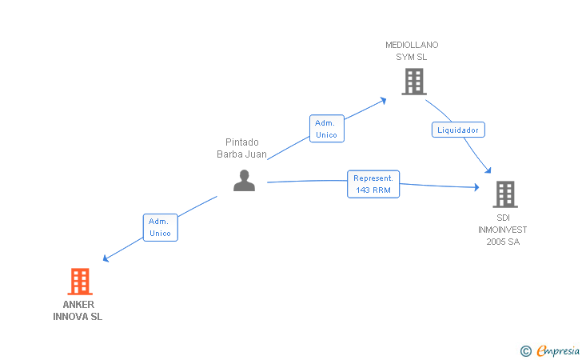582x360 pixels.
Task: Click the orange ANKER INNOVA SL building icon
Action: [80, 282]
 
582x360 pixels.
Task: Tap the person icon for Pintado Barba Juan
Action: [245, 181]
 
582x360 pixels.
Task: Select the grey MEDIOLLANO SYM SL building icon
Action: [414, 82]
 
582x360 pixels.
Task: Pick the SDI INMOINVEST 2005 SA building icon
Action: [505, 194]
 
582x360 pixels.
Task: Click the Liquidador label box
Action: [458, 130]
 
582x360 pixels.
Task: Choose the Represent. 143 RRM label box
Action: [373, 184]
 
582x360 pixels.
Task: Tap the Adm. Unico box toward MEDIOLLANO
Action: [327, 129]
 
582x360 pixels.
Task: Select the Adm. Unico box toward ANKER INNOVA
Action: [161, 227]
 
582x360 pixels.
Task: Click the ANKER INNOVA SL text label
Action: [78, 310]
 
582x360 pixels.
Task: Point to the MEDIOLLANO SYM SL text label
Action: [412, 51]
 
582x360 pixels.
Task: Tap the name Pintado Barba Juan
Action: [241, 148]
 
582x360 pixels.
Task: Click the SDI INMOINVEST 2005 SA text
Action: [503, 230]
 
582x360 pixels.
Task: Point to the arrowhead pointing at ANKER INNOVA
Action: [106, 258]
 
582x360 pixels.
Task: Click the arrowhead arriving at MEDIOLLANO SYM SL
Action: [384, 100]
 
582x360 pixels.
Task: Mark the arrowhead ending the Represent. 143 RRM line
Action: [477, 187]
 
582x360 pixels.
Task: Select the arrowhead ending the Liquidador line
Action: [488, 170]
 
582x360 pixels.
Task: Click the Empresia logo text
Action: [558, 350]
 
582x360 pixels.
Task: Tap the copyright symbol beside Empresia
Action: [526, 351]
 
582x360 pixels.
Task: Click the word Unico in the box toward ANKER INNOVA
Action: [160, 234]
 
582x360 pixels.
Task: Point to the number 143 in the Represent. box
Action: [363, 190]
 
